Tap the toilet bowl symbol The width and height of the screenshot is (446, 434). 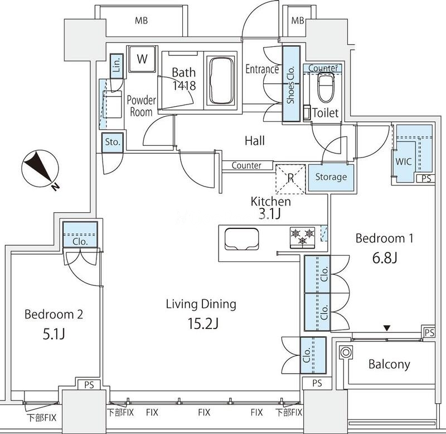(x=326, y=88)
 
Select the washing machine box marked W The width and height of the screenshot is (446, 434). (x=142, y=59)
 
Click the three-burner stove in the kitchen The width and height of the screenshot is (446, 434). (x=302, y=237)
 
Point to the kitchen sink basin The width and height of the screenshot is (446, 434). (x=242, y=239)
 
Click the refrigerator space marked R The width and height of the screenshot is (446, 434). (x=290, y=179)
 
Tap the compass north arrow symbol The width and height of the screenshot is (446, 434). (x=40, y=168)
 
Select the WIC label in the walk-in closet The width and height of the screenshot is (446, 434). (x=404, y=161)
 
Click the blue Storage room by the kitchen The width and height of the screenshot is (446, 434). (x=331, y=178)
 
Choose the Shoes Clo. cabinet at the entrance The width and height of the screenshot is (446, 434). (x=291, y=84)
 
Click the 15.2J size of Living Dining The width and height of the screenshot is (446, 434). (x=203, y=323)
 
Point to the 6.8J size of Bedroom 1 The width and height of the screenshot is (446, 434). (x=384, y=258)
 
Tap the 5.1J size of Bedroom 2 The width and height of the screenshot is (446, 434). (x=54, y=333)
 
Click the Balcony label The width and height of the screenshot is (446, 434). (x=389, y=364)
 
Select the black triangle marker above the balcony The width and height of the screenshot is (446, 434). (x=386, y=328)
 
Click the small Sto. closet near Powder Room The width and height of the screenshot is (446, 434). (x=113, y=142)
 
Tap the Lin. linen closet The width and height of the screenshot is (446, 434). (x=117, y=66)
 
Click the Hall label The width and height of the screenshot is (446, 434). (x=255, y=141)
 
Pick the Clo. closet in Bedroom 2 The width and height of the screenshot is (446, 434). (x=80, y=235)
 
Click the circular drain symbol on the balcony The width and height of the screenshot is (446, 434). (x=346, y=352)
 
